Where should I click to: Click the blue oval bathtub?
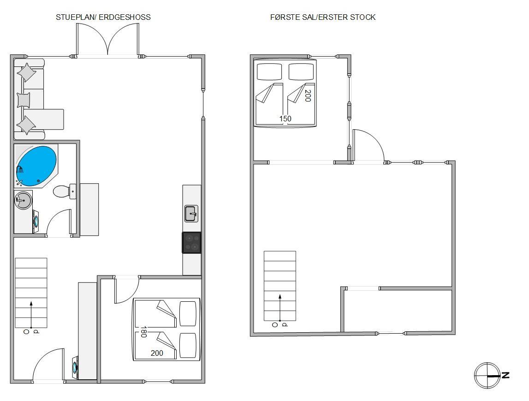tap(36, 166)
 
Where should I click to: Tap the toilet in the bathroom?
tap(65, 192)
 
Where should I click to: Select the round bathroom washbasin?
tap(23, 200)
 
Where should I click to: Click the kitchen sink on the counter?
tap(191, 214)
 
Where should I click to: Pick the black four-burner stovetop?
tap(191, 243)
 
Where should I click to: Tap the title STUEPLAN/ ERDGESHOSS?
tap(103, 17)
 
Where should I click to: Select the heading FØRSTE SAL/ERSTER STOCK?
tap(323, 17)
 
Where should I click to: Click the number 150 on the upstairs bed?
tap(285, 119)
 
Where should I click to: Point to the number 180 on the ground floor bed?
tap(143, 332)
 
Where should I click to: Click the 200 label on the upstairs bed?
tap(308, 96)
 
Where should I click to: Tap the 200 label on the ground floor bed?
tap(157, 353)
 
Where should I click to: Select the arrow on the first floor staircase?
tap(279, 307)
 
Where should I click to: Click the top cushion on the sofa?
tap(26, 72)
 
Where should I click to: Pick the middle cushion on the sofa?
tap(24, 100)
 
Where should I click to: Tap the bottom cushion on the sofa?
tap(26, 125)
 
